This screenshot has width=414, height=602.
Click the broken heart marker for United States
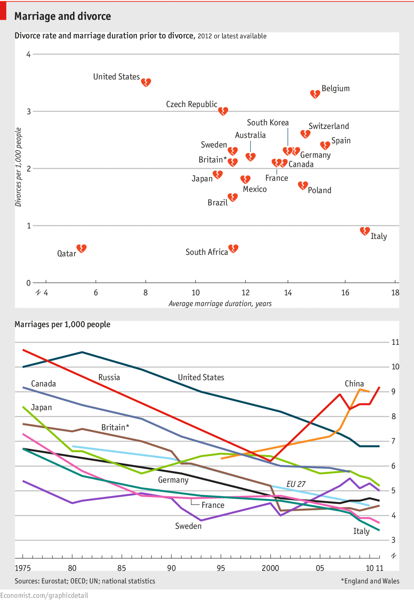point(146,82)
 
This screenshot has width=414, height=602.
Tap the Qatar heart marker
point(81,248)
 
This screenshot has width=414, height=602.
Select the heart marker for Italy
point(365,231)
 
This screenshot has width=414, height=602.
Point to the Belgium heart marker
point(315,94)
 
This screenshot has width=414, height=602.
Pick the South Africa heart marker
point(233,248)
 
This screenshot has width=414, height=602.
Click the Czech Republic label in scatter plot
point(191,104)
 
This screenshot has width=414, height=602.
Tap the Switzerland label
point(328,126)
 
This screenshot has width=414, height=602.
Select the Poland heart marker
point(303,185)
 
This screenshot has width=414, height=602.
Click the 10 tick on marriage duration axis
point(196,293)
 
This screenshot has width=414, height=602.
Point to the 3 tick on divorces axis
point(29,111)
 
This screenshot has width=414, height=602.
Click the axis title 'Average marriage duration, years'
point(220,303)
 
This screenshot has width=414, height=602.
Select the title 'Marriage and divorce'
point(63,16)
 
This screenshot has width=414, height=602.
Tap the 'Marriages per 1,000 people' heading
point(62,324)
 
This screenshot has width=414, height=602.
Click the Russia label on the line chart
point(109,377)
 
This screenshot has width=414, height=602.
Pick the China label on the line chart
point(354,384)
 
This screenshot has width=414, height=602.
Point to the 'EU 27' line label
point(296,484)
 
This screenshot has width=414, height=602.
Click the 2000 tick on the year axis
point(270,568)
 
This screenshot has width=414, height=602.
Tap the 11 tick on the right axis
point(395,342)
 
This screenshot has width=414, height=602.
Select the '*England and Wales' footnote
point(370,581)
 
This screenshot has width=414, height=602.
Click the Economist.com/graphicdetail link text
point(44,595)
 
